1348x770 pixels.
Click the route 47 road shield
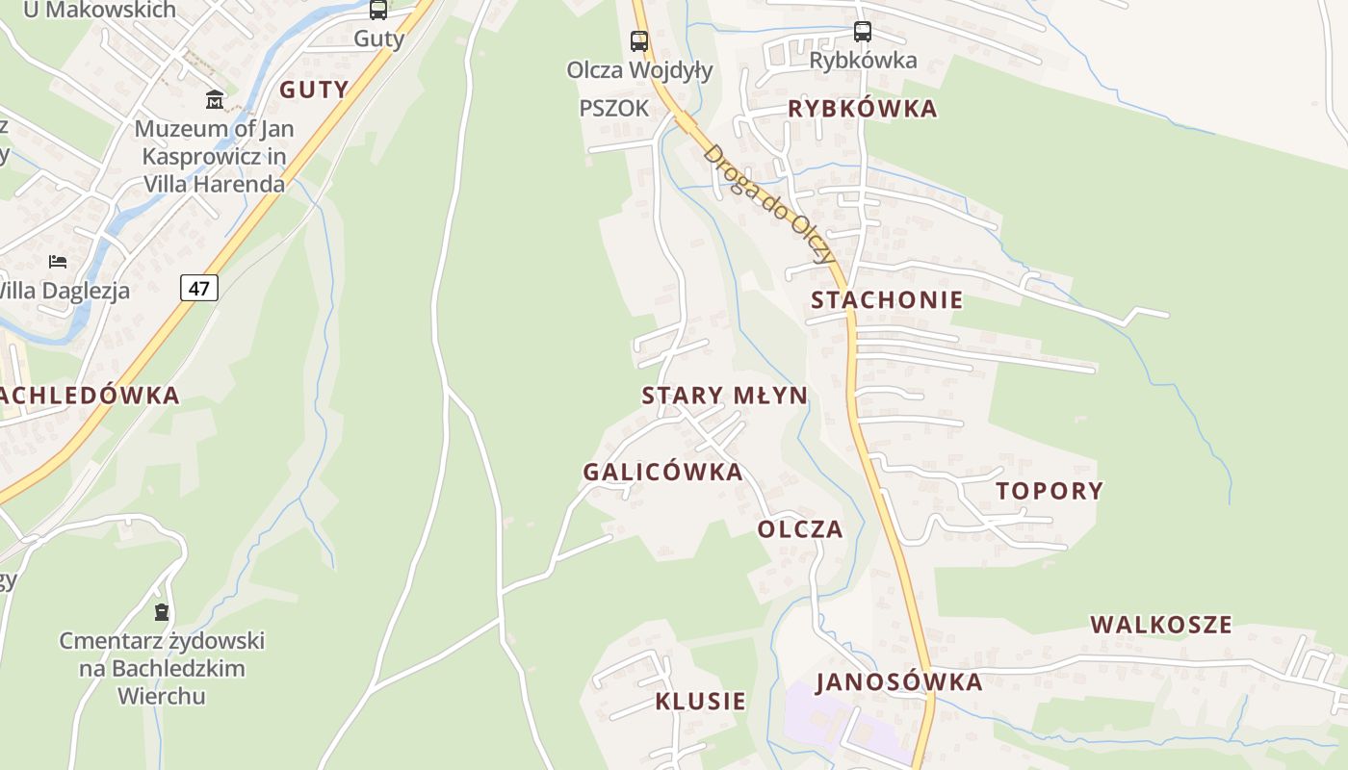(199, 288)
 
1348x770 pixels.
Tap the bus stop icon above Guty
(378, 11)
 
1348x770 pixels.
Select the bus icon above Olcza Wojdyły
(639, 41)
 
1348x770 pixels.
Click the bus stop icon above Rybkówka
(863, 32)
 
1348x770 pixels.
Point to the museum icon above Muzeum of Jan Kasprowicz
(215, 99)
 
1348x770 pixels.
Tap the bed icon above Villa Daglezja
(58, 262)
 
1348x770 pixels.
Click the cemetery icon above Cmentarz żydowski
(162, 612)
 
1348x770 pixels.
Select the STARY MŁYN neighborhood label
(725, 396)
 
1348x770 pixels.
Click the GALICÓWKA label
(662, 472)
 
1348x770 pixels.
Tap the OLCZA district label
(800, 529)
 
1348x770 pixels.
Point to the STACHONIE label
(887, 300)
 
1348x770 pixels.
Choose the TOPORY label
(1050, 491)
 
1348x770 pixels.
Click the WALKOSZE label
(1161, 625)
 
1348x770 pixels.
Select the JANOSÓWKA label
(899, 682)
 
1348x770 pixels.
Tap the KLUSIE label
(701, 702)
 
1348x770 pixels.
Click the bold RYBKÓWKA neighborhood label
(863, 109)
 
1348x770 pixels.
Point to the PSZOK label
(614, 109)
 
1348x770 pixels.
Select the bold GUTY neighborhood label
(314, 90)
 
